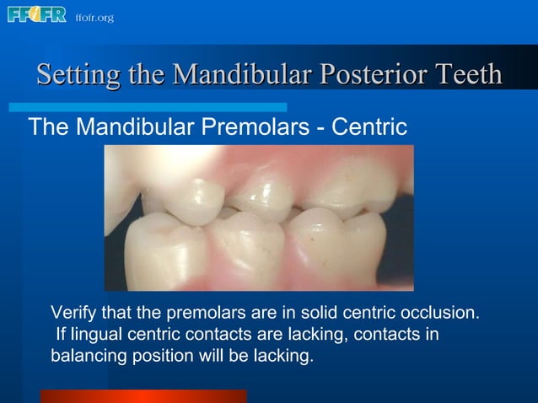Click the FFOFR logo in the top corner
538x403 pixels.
pyautogui.click(x=36, y=14)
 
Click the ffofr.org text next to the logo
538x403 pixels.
pyautogui.click(x=94, y=18)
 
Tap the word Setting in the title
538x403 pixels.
pyautogui.click(x=78, y=75)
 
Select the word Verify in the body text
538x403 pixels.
pyautogui.click(x=73, y=313)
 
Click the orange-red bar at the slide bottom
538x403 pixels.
pyautogui.click(x=143, y=396)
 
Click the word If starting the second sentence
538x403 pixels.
pyautogui.click(x=61, y=335)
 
